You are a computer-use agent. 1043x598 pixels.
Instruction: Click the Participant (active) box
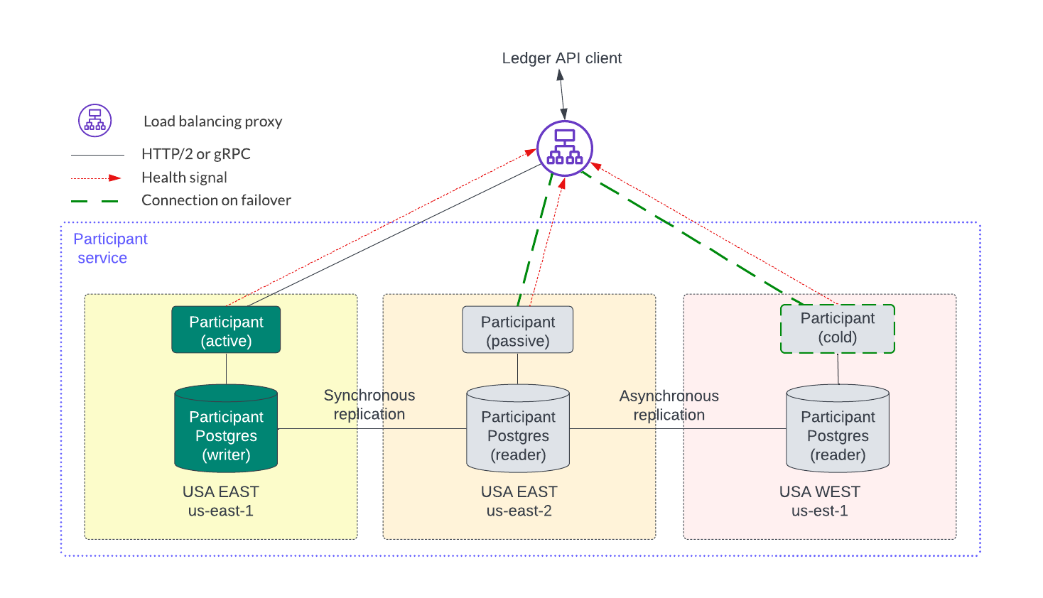tap(226, 330)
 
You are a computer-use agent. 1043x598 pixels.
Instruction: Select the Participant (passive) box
tap(517, 330)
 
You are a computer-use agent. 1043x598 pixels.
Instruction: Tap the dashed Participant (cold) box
tap(837, 328)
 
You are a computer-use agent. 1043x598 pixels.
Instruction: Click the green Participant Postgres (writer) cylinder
tap(226, 429)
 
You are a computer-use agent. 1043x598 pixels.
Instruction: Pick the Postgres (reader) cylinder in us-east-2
tap(518, 429)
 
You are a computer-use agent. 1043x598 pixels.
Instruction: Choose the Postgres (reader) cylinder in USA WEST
tap(838, 429)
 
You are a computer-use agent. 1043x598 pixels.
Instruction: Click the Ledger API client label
tap(561, 58)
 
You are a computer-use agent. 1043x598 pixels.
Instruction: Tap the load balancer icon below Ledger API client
tap(565, 148)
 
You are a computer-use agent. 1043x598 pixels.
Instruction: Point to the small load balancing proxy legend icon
tap(95, 121)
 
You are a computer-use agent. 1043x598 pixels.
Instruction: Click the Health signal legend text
tap(184, 178)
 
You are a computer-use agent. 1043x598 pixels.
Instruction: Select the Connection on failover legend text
tap(216, 200)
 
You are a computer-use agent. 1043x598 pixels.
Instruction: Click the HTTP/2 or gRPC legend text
tap(195, 154)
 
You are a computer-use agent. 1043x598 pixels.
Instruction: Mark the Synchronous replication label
tap(369, 405)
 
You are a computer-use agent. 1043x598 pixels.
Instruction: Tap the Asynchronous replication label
tap(669, 406)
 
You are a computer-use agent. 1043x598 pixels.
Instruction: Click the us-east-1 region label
tap(220, 511)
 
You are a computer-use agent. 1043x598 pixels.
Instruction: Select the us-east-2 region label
tap(519, 511)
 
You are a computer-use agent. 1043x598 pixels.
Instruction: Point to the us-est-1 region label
tap(819, 511)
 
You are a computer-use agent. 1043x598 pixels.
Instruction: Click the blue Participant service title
tap(110, 249)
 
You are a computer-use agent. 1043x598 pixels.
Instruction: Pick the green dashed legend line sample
tap(95, 201)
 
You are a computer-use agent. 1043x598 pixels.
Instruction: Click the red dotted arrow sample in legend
tap(96, 178)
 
